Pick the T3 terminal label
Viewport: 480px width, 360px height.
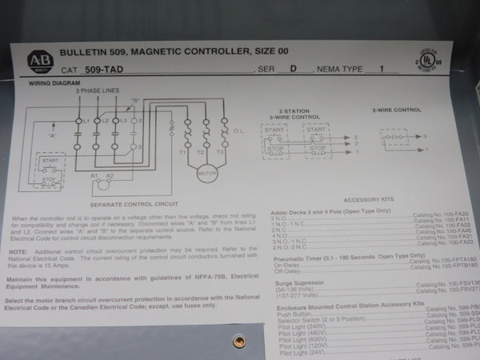click(x=222, y=151)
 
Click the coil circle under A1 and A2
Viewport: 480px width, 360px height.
click(x=102, y=186)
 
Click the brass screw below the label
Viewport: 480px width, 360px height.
click(x=238, y=342)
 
